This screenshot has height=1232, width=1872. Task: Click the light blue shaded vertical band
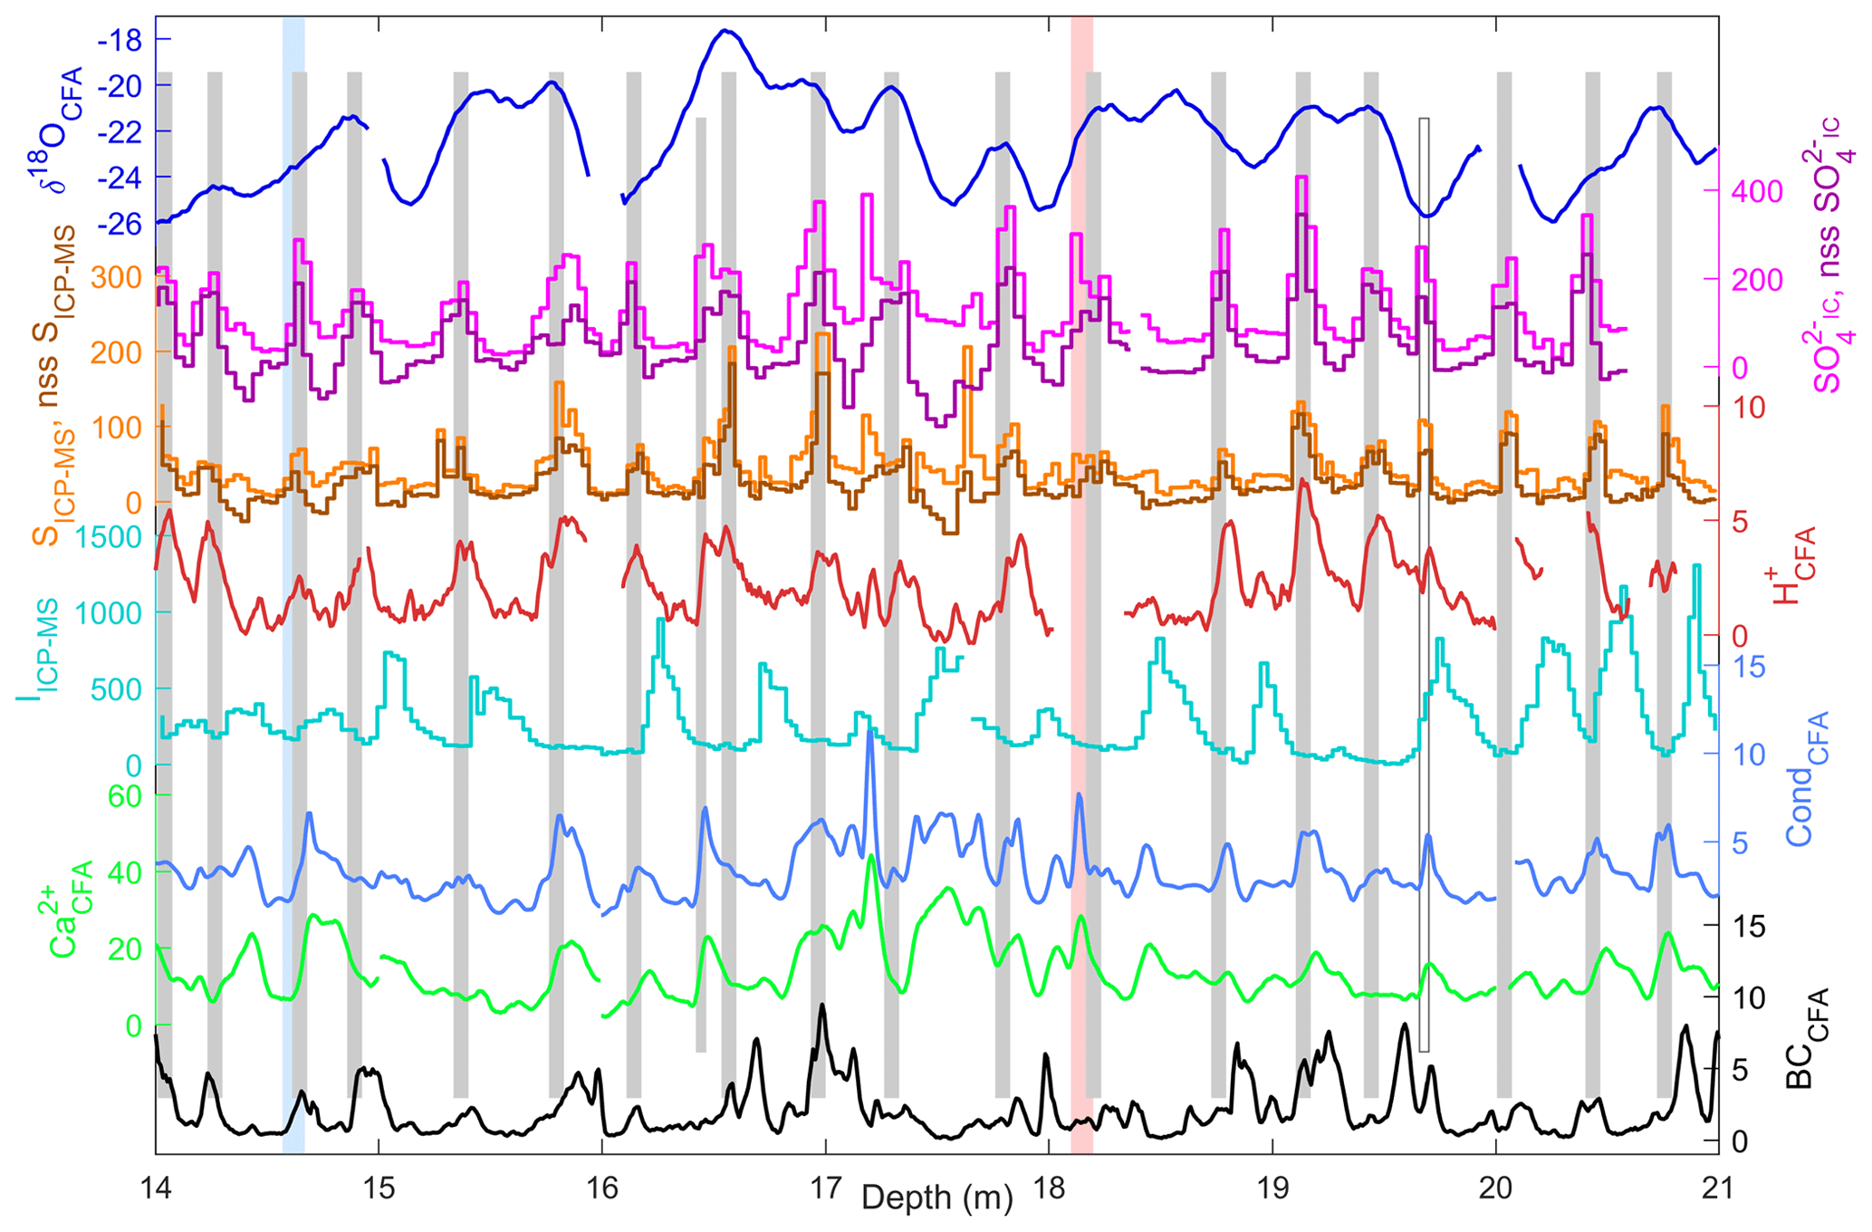[x=293, y=580]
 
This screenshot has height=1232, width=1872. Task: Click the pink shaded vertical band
[x=1081, y=580]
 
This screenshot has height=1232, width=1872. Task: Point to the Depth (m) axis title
[x=936, y=1198]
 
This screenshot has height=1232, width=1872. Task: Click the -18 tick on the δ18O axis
[x=122, y=40]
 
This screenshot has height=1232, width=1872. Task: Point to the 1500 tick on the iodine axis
[x=109, y=537]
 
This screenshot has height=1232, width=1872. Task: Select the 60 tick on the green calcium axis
[x=127, y=795]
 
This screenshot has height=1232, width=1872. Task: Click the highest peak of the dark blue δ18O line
[x=725, y=31]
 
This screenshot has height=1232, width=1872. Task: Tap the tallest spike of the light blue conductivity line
[x=870, y=730]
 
